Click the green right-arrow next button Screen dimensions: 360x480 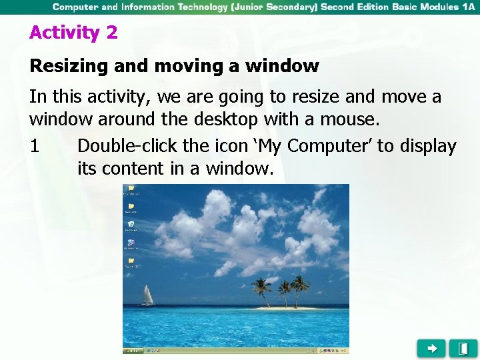pyautogui.click(x=431, y=348)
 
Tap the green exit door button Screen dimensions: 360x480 pyautogui.click(x=462, y=348)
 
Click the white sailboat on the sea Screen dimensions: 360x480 pyautogui.click(x=147, y=295)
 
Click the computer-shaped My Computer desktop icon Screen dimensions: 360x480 pyautogui.click(x=131, y=244)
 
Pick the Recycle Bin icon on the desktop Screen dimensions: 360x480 pyautogui.click(x=131, y=225)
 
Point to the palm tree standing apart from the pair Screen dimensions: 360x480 pyautogui.click(x=261, y=291)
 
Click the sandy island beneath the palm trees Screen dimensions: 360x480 pyautogui.click(x=287, y=307)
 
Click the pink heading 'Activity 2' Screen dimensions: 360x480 pyautogui.click(x=73, y=33)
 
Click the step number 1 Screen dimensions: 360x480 pyautogui.click(x=35, y=146)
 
